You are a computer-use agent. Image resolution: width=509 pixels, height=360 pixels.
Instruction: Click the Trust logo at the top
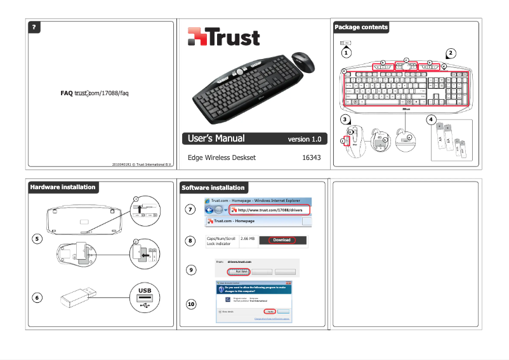[x=223, y=37]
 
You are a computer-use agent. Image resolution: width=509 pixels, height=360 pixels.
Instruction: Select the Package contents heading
[x=360, y=27]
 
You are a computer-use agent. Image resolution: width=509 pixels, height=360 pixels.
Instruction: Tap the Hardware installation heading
[x=63, y=187]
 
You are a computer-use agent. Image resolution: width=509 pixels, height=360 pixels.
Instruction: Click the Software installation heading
[x=213, y=187]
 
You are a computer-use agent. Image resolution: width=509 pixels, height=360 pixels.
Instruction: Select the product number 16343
[x=311, y=157]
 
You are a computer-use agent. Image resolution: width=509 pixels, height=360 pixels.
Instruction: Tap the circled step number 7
[x=190, y=210]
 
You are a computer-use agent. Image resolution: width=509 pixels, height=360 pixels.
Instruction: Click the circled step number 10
[x=190, y=305]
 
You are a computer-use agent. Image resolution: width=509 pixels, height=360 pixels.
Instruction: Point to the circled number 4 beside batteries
[x=431, y=119]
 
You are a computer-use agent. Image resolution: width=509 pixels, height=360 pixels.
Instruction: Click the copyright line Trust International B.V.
[x=142, y=165]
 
